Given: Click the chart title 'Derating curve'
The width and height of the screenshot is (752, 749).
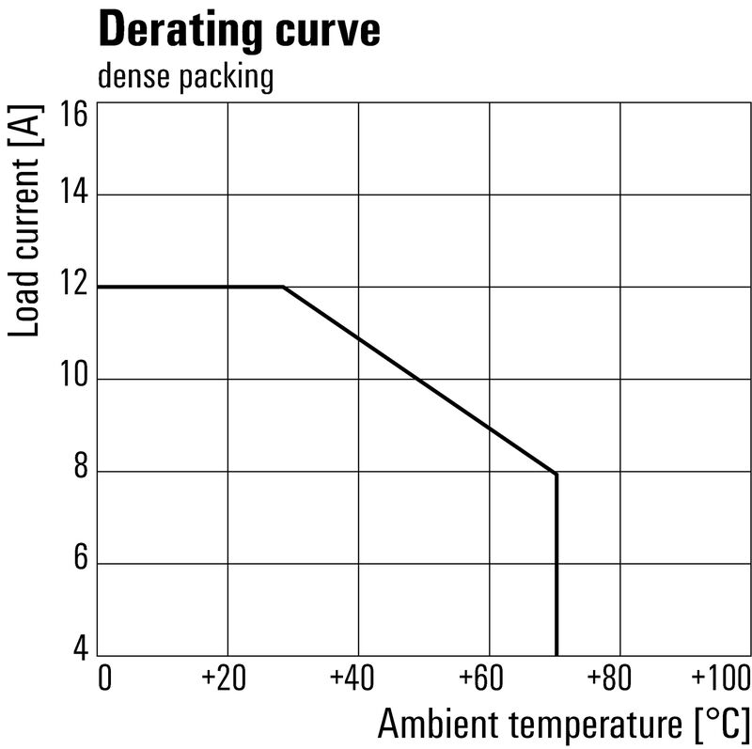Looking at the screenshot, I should click(239, 30).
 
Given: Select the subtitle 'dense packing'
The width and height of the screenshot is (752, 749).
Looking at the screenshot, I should click(185, 77).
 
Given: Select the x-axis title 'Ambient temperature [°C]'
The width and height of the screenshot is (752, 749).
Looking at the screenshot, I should click(565, 725).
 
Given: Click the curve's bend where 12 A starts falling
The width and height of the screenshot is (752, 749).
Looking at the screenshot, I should click(283, 287).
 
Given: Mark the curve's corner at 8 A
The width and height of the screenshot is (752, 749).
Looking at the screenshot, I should click(556, 474).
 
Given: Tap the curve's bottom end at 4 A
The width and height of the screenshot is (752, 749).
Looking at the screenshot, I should click(556, 653).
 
